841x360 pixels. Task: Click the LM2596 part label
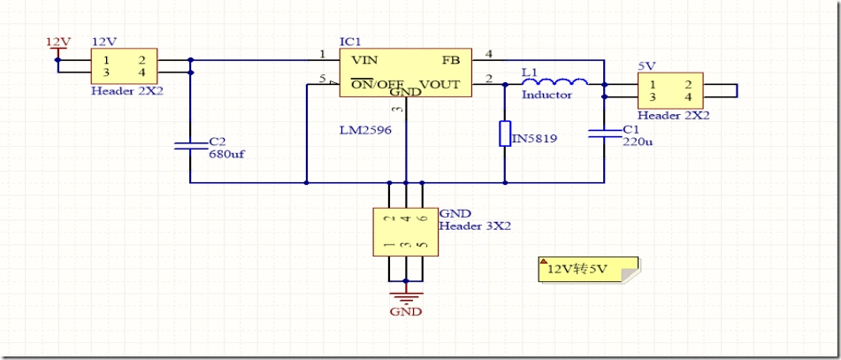(365, 129)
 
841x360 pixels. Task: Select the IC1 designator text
(350, 42)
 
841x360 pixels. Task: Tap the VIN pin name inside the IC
(364, 60)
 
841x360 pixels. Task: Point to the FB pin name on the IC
(450, 60)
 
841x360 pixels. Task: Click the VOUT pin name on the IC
(440, 84)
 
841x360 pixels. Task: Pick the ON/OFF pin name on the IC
(377, 84)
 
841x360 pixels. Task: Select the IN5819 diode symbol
(505, 134)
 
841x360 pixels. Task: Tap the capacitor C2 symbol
(190, 145)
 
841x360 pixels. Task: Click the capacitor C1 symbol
(605, 133)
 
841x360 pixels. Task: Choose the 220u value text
(638, 141)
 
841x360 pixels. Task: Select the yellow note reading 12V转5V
(587, 269)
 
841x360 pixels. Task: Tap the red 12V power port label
(57, 42)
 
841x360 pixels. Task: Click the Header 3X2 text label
(475, 226)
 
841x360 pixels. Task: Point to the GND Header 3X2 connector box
(406, 232)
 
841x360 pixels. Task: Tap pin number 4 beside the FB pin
(489, 55)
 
